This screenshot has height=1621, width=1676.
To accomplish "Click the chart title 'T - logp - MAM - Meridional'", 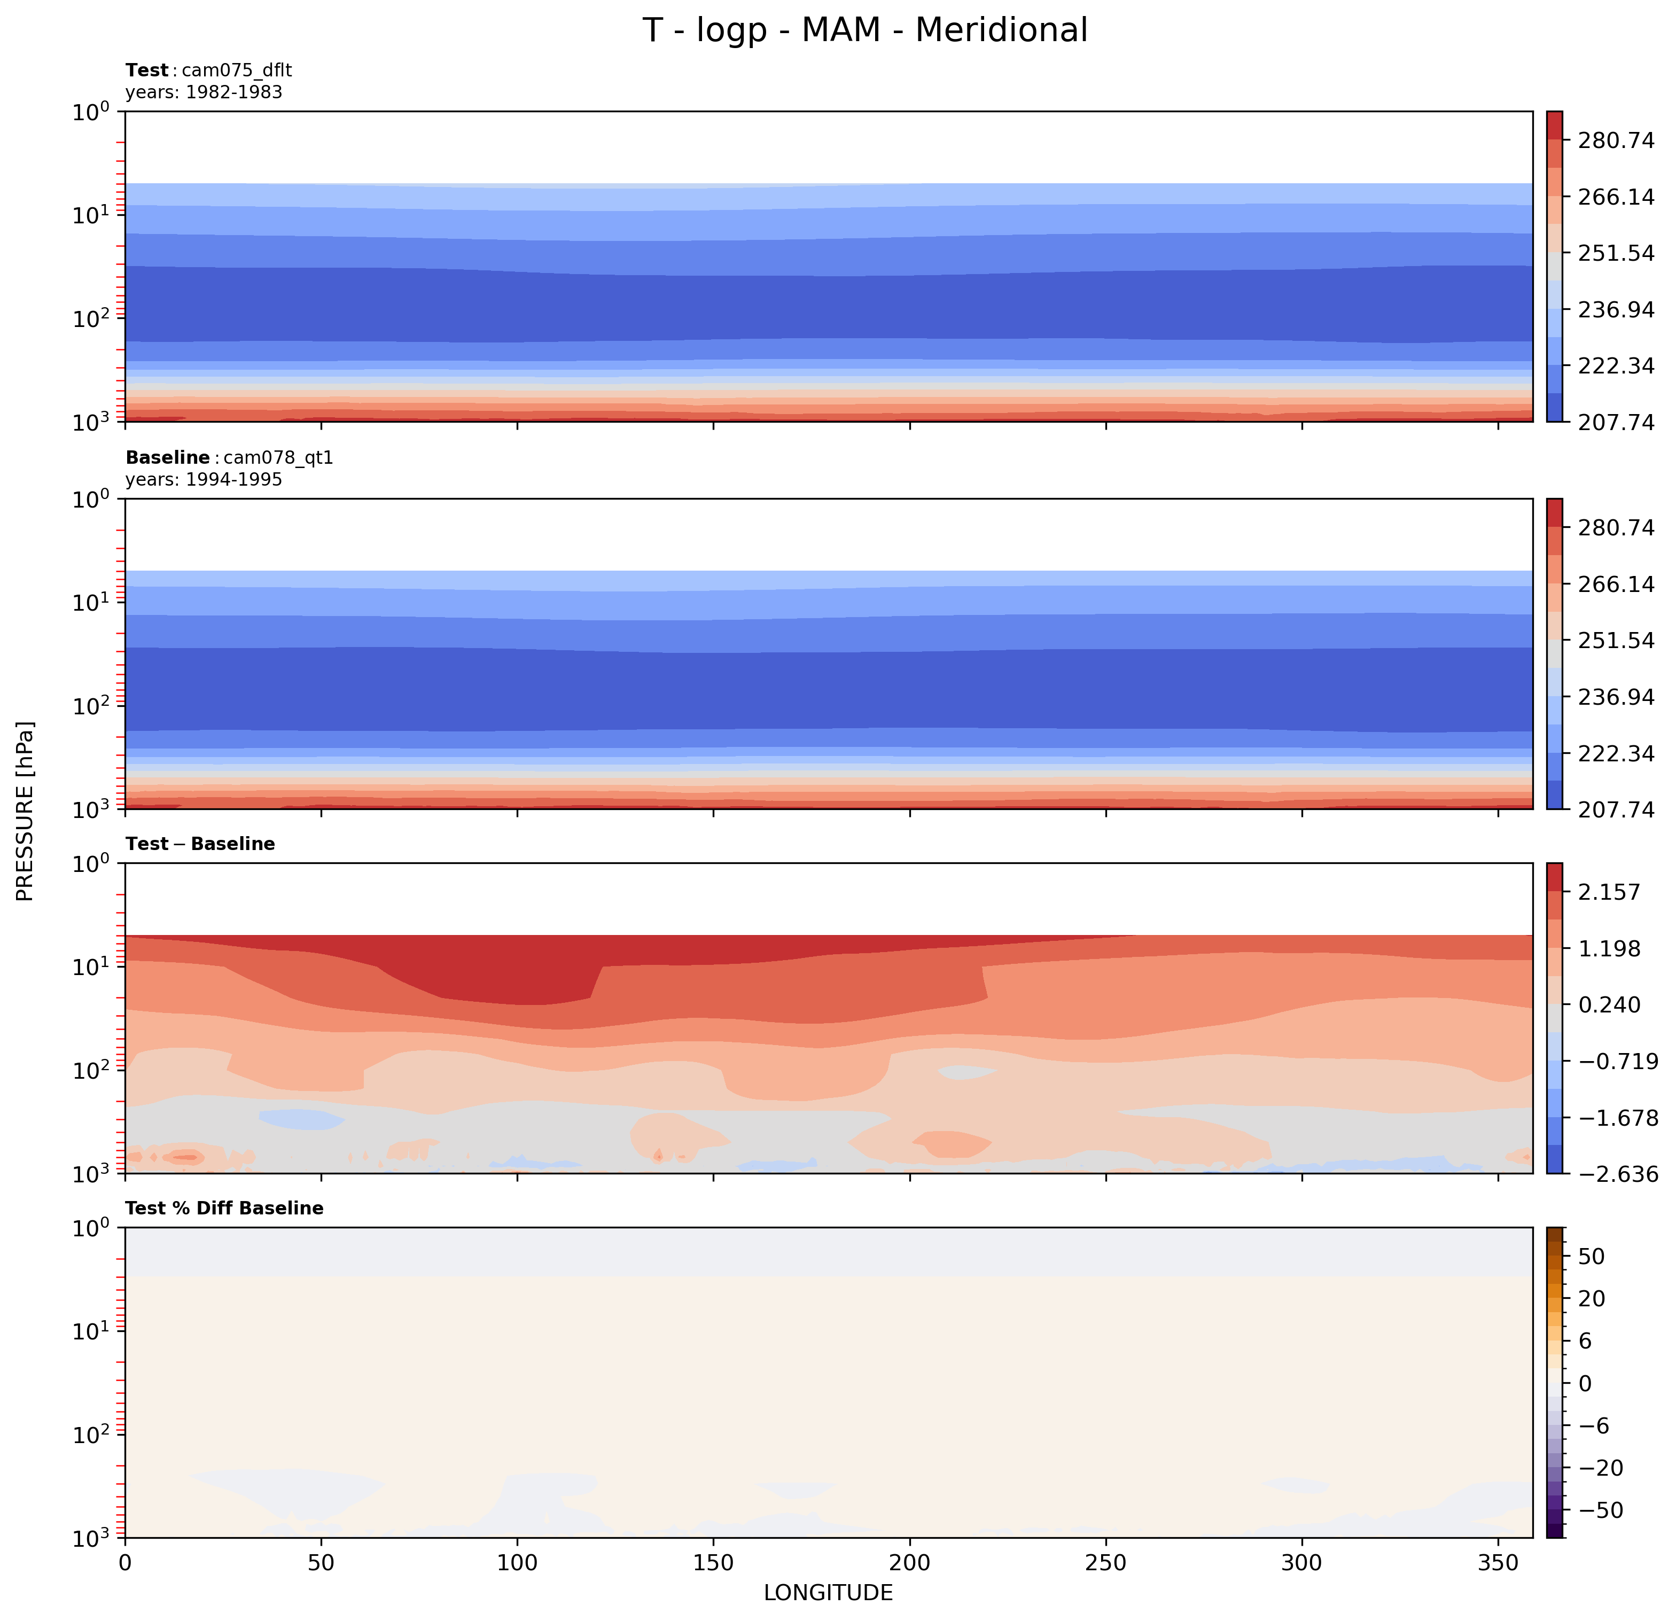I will click(x=864, y=31).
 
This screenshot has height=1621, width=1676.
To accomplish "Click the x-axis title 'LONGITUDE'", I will click(x=828, y=1593).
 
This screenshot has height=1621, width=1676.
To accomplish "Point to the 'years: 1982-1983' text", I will click(x=204, y=92).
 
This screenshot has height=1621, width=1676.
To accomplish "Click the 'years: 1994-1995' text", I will click(x=204, y=480).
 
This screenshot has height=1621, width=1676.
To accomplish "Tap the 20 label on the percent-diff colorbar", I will click(x=1592, y=1299).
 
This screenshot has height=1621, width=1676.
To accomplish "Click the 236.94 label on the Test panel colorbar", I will click(x=1615, y=309).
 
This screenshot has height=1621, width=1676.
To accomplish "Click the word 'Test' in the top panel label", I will click(x=147, y=70).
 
